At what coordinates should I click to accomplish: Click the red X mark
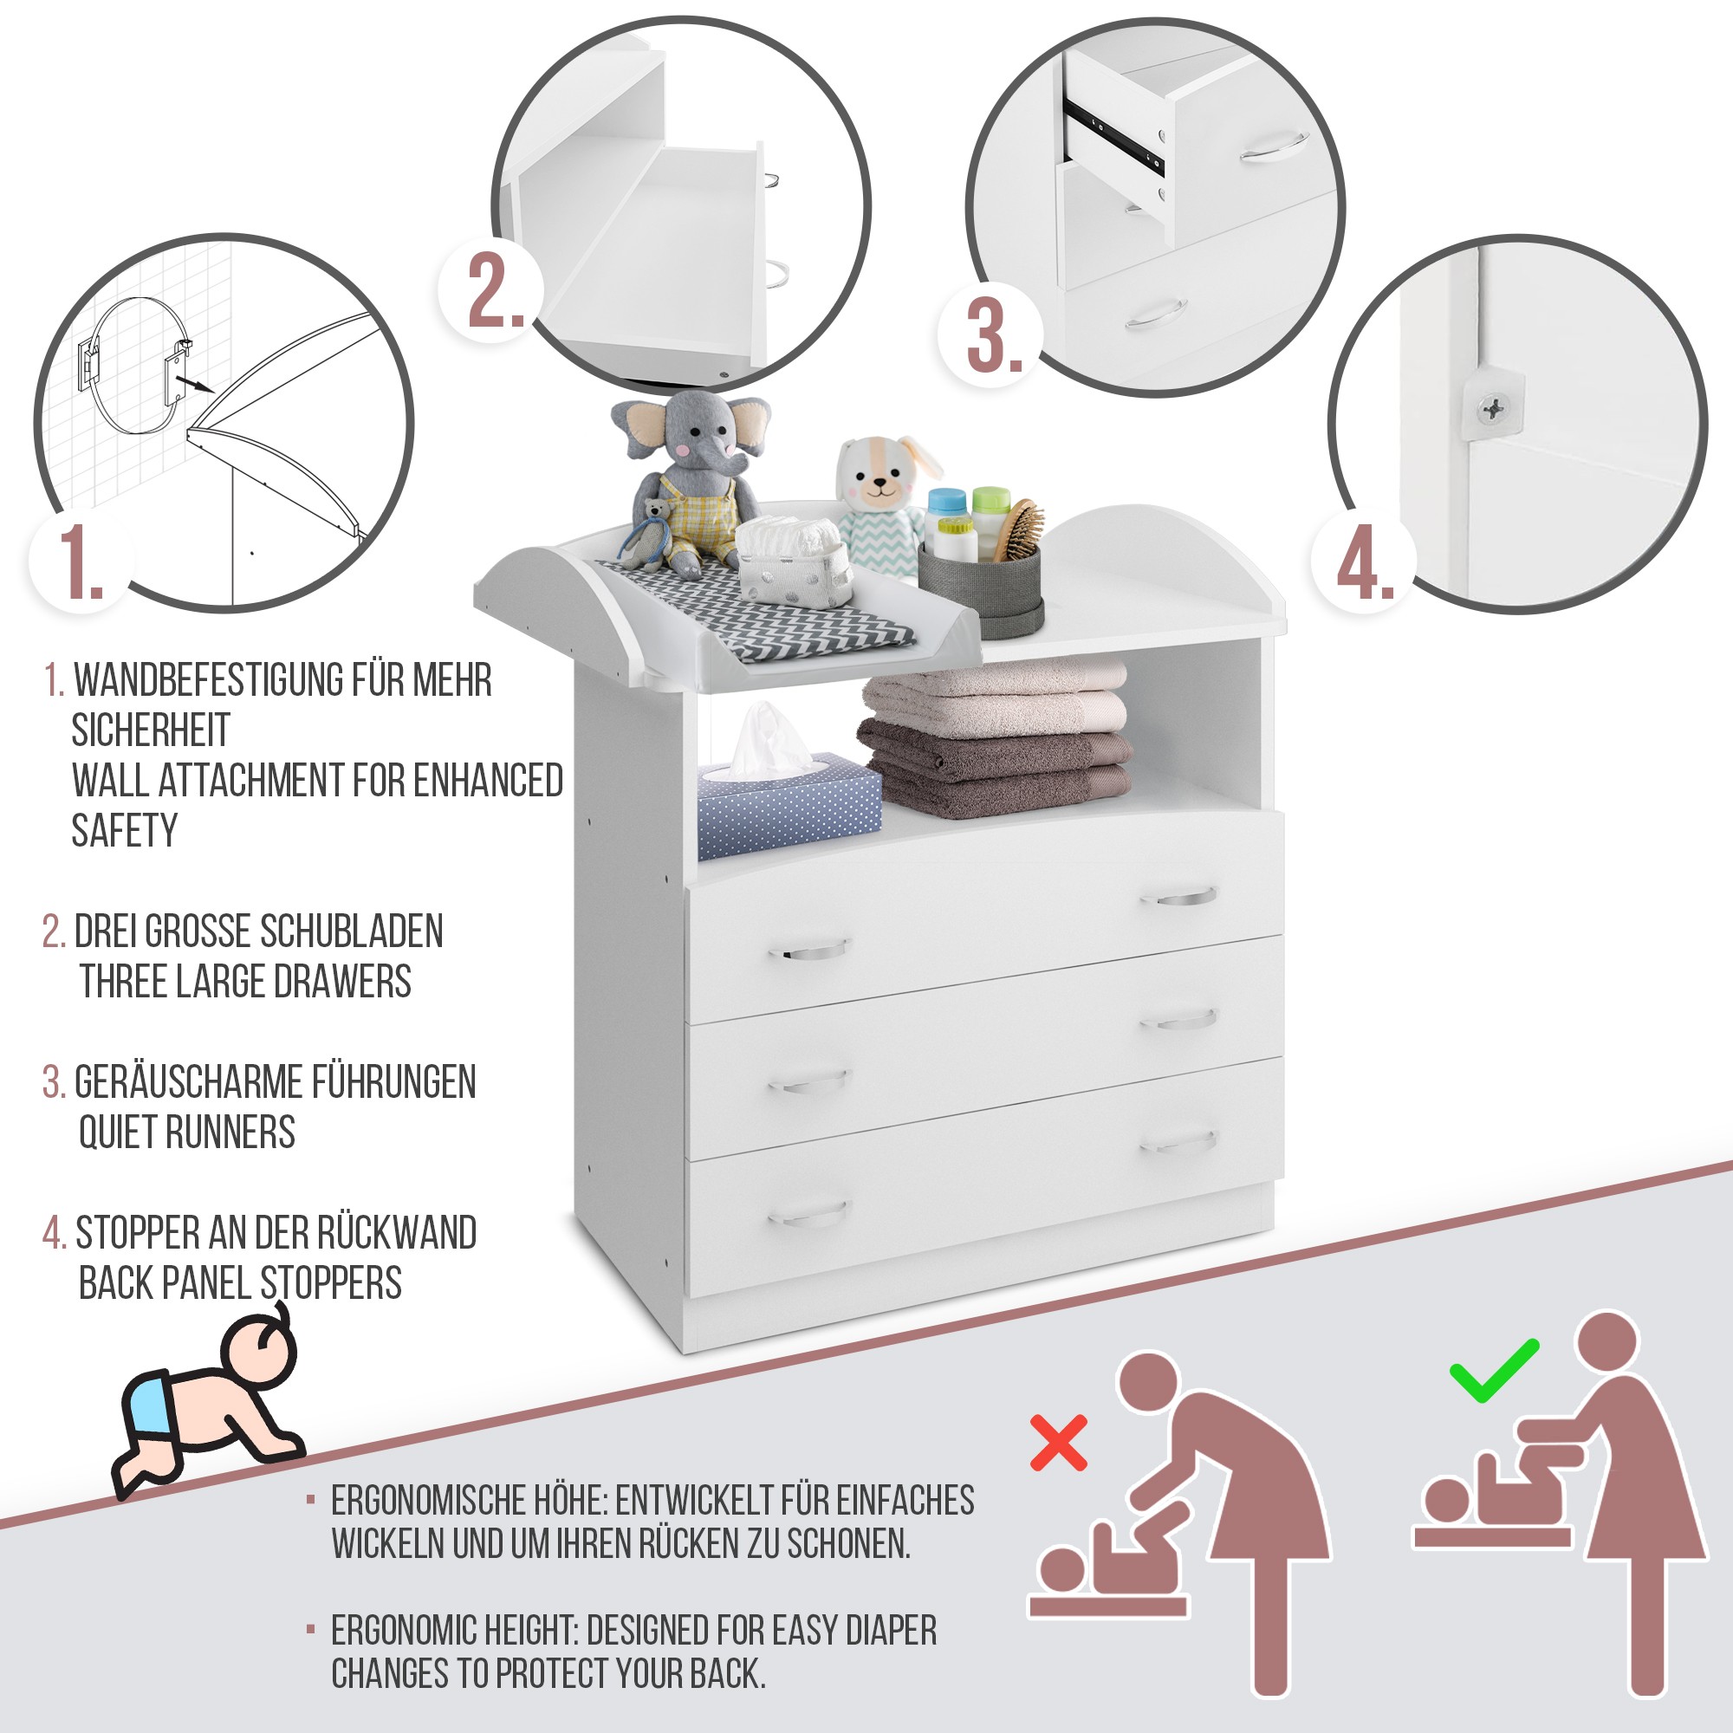pos(1060,1443)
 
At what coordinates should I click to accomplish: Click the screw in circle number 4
pos(1494,409)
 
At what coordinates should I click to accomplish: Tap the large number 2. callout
pos(495,289)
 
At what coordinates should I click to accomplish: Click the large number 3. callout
pos(994,334)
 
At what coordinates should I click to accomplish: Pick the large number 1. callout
pos(80,561)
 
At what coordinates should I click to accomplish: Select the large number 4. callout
pos(1365,561)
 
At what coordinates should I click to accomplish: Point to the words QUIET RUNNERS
pos(186,1132)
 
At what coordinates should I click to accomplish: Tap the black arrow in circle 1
pos(193,384)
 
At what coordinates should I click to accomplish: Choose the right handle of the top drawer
pos(1185,895)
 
